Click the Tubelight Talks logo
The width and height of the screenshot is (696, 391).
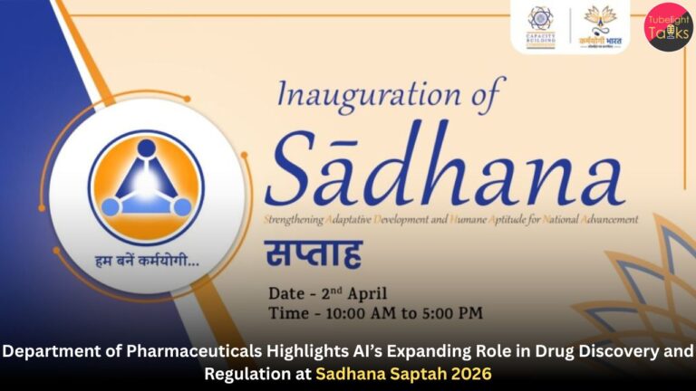(x=668, y=26)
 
